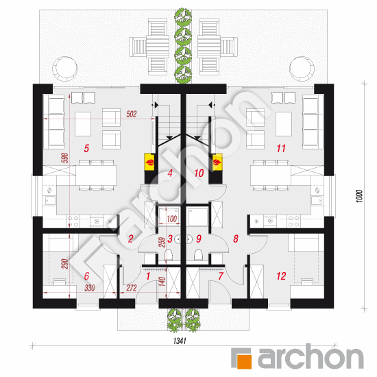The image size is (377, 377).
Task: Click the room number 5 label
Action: (x=86, y=148)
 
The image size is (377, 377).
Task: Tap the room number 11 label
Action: (x=281, y=148)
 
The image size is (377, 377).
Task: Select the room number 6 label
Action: (x=86, y=276)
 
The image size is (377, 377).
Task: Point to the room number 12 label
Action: (x=281, y=276)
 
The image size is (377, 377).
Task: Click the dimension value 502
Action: (x=132, y=114)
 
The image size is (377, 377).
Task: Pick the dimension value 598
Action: (x=65, y=158)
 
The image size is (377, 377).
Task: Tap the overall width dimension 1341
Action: (x=180, y=341)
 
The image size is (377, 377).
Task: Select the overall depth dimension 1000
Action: (x=359, y=196)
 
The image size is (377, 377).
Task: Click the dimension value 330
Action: (x=89, y=288)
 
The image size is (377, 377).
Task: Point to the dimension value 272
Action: (x=132, y=288)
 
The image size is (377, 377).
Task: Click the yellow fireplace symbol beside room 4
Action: (x=149, y=162)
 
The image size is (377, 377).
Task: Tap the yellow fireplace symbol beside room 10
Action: (x=217, y=162)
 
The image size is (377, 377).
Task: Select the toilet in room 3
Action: (x=169, y=256)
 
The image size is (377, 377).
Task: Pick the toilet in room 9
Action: (x=198, y=256)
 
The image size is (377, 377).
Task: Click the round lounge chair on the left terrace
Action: (x=64, y=69)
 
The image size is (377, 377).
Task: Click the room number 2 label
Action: (x=130, y=239)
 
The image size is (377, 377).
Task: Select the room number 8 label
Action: (x=236, y=239)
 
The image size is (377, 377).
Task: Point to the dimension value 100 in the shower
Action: (x=171, y=219)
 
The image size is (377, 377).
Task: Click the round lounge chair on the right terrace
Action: (x=302, y=69)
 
